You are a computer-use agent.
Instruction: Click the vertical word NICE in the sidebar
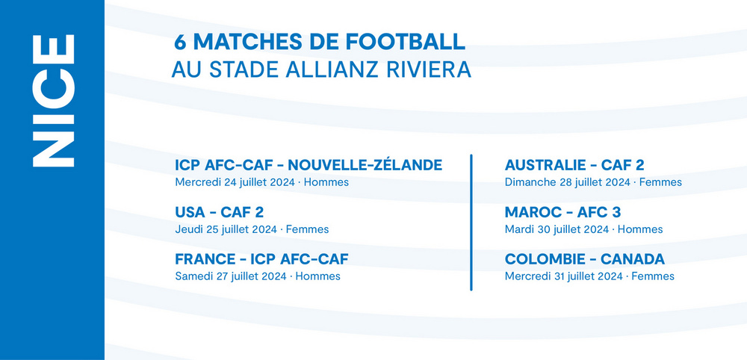53,101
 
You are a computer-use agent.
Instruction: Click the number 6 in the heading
179,42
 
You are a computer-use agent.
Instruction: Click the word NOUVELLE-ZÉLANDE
365,165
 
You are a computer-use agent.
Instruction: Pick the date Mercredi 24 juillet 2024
235,182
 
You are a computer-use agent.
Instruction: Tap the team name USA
190,212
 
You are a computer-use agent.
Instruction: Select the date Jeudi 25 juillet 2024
226,229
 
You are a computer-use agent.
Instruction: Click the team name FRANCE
205,259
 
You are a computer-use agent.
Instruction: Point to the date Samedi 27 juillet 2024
231,276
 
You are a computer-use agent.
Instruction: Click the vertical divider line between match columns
471,222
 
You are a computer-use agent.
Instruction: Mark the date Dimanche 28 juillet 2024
568,182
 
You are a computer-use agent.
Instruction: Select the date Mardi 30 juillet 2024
557,229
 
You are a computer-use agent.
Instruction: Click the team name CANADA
633,259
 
